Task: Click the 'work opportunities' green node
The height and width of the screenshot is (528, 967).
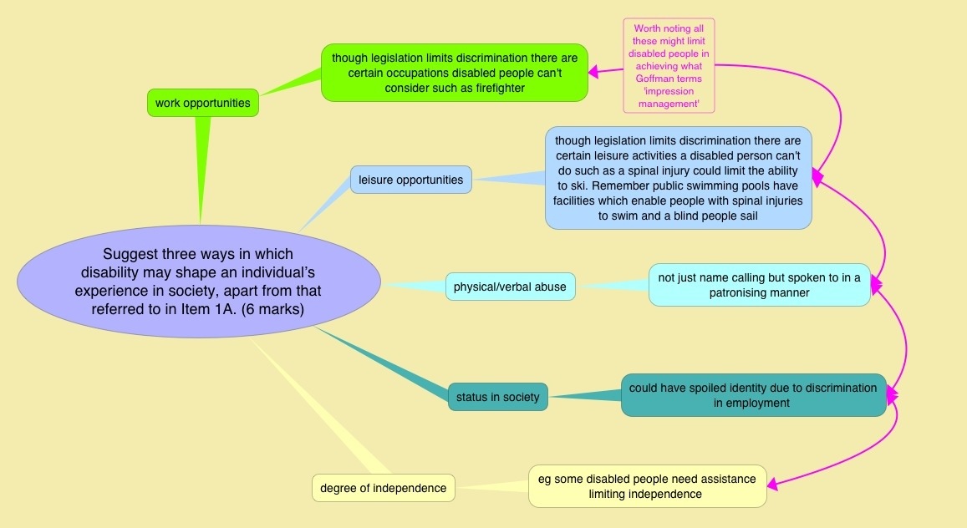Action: tap(202, 103)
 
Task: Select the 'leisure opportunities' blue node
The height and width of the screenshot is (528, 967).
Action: tap(410, 179)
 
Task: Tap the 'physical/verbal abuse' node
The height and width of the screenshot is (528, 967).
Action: tap(510, 287)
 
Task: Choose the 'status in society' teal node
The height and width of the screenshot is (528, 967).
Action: tap(498, 397)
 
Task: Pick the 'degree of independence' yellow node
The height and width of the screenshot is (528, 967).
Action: tap(384, 488)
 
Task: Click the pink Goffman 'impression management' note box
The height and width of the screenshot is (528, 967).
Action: tap(669, 65)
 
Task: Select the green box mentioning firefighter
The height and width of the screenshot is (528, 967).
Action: tap(454, 73)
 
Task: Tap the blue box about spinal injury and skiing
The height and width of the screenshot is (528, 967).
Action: tap(678, 177)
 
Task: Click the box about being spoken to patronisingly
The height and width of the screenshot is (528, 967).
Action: tap(759, 285)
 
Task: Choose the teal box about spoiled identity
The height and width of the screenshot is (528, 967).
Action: tap(753, 395)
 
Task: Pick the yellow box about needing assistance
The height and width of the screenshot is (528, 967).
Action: tap(647, 486)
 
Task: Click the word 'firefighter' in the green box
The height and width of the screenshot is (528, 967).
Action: tap(496, 89)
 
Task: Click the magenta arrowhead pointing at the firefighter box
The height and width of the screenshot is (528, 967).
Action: tap(593, 72)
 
